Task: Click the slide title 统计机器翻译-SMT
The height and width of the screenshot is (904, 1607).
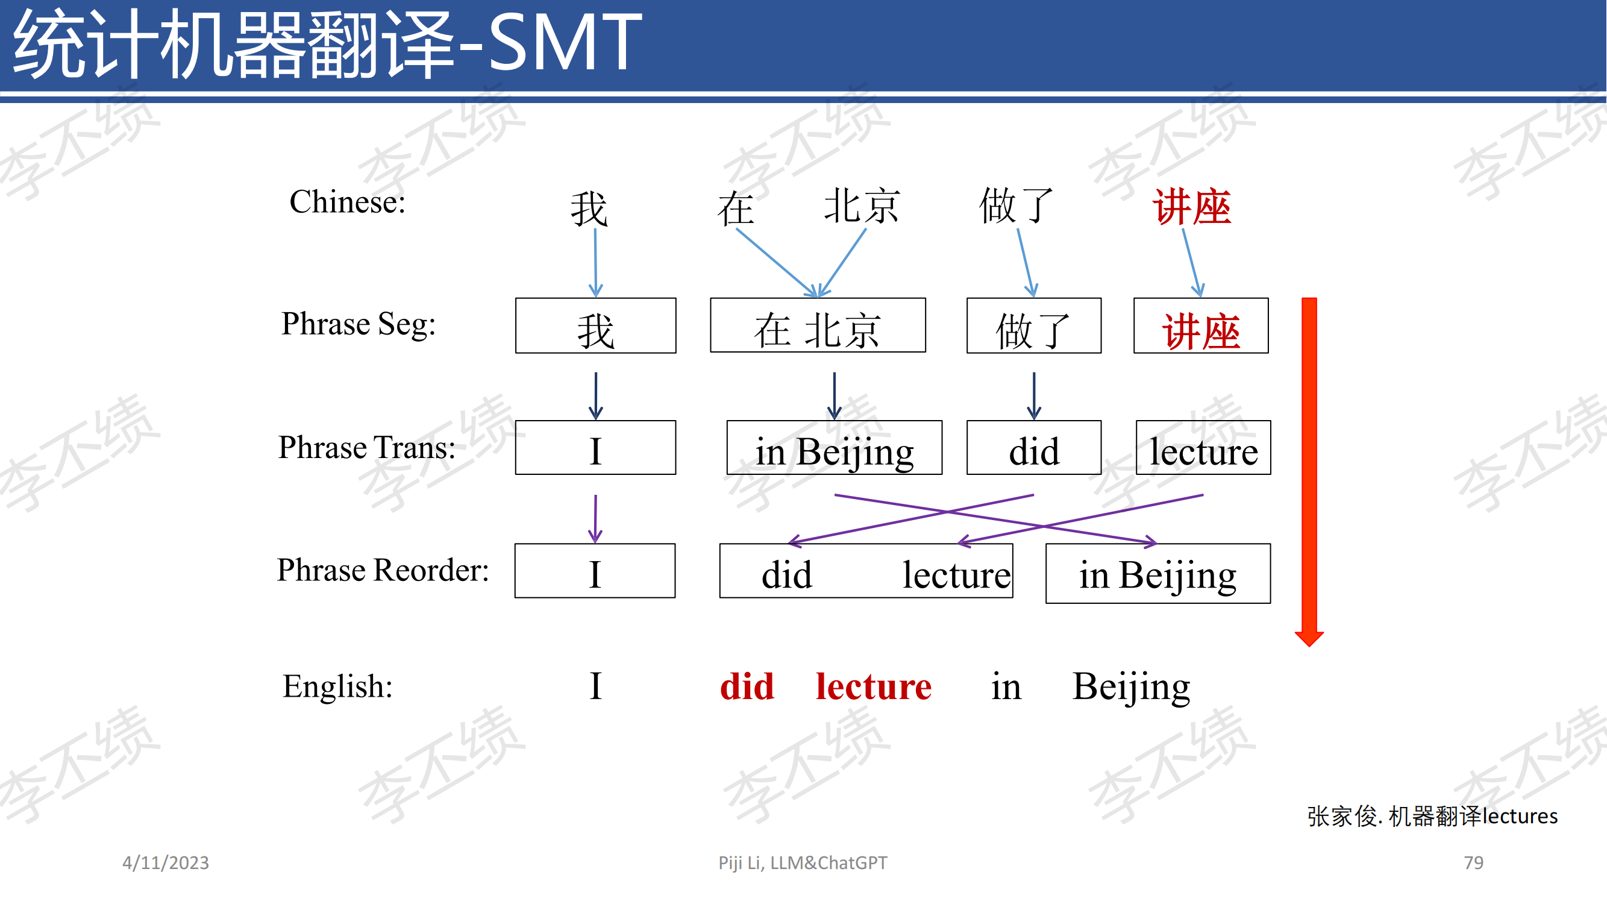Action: [328, 43]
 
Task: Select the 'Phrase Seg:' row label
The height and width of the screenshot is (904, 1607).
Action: [359, 324]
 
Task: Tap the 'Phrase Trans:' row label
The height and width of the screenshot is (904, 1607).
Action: [367, 447]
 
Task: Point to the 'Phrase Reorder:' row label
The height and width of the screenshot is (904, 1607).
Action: [383, 570]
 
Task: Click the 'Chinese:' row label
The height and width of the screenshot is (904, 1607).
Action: [348, 202]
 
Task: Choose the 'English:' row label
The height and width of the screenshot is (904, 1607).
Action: [337, 686]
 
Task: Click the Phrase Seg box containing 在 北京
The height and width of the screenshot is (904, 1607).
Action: [818, 325]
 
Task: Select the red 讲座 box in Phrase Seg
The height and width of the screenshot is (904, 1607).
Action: [1201, 325]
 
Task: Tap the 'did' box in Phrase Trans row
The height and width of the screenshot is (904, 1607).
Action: [1034, 447]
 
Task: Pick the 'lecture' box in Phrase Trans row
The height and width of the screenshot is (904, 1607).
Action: [1203, 447]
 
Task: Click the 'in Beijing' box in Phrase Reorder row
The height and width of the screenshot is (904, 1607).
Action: [1158, 573]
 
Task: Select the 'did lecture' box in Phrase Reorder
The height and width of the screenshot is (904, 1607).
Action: [866, 571]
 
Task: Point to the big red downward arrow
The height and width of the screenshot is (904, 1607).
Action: [1309, 472]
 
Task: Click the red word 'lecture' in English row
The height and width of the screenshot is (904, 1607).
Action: [873, 686]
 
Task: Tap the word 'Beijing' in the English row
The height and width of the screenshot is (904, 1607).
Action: [1131, 688]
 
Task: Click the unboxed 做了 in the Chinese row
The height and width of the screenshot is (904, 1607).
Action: [1017, 206]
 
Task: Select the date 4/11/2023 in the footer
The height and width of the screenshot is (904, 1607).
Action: [165, 862]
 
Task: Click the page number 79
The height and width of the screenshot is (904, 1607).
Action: [1473, 862]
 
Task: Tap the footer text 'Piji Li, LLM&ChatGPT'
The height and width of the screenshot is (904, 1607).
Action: [802, 862]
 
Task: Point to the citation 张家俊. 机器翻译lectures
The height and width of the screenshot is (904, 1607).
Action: [1432, 816]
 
